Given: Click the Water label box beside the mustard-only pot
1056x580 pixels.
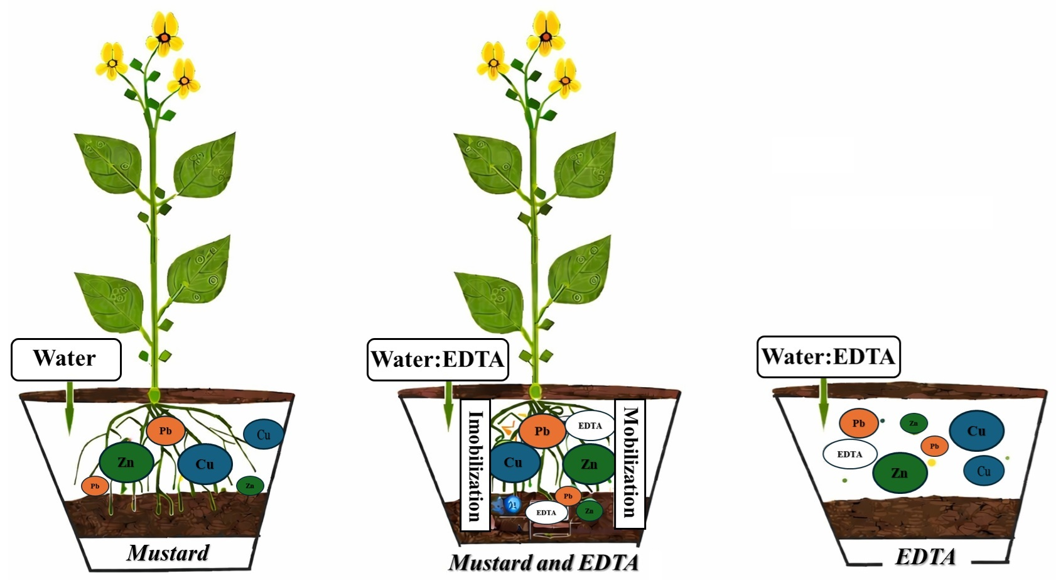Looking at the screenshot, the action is click(66, 359).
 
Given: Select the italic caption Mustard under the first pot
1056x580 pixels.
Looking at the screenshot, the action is click(168, 553).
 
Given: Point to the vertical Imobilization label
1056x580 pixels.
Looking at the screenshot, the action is click(474, 465).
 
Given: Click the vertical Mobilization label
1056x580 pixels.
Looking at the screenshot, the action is click(630, 462).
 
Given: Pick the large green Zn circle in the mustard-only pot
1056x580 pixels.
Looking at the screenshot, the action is click(126, 462).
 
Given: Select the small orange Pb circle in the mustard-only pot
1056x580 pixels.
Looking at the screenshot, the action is click(95, 486).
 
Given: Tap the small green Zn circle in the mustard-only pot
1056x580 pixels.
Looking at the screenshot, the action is click(250, 485).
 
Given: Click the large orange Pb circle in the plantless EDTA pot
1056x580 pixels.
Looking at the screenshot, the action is click(858, 424).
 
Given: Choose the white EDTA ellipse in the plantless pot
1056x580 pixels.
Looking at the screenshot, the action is click(849, 454).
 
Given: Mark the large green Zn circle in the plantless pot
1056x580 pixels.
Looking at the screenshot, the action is click(899, 473).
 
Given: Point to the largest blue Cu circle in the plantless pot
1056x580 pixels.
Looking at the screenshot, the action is click(976, 431).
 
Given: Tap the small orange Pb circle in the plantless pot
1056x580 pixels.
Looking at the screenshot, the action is click(934, 446).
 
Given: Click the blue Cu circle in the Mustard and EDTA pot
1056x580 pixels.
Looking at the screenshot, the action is click(514, 462).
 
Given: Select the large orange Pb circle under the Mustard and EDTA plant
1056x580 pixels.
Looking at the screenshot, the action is click(542, 431).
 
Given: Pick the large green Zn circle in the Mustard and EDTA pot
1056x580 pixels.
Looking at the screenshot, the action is click(589, 464).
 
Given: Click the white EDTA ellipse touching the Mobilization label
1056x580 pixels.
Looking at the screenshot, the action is click(590, 426).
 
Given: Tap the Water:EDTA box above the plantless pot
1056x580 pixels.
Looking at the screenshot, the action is click(828, 357).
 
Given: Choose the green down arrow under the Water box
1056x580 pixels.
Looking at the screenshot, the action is click(70, 408).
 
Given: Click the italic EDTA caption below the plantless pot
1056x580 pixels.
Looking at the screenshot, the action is click(925, 557).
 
